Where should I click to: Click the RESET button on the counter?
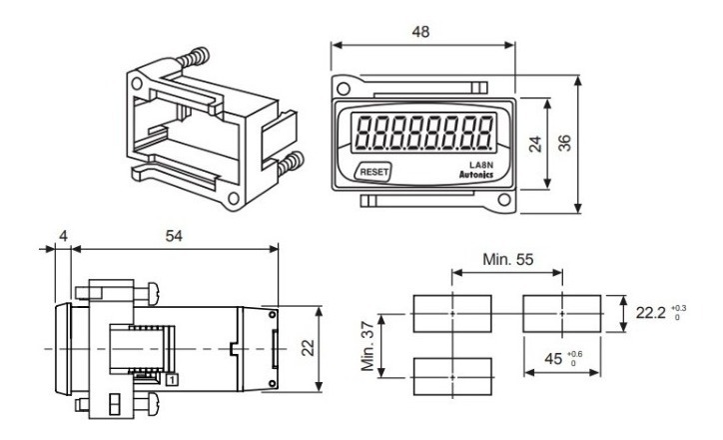coord(373,172)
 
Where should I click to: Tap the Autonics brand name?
coord(476,175)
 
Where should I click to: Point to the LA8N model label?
coord(481,165)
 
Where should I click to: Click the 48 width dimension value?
coord(420,31)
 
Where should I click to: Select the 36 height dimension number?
coord(564,143)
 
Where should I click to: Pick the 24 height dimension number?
coord(535,144)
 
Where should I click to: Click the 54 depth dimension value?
coord(174,236)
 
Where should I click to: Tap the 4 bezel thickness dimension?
coord(63,236)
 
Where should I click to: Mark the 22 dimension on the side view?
coord(308,348)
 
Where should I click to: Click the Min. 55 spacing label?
coord(507,259)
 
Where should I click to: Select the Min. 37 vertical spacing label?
coord(367,346)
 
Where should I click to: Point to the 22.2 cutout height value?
coord(651,313)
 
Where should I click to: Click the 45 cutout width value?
coord(553,359)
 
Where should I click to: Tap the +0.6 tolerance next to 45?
coord(574,354)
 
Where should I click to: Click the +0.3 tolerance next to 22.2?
coord(678,308)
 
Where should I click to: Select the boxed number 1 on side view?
coord(172,380)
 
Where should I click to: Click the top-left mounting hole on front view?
coord(343,88)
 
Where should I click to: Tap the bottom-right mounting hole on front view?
coord(504,200)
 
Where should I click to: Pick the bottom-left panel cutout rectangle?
coord(452,377)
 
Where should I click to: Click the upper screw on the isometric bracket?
coord(193,59)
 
